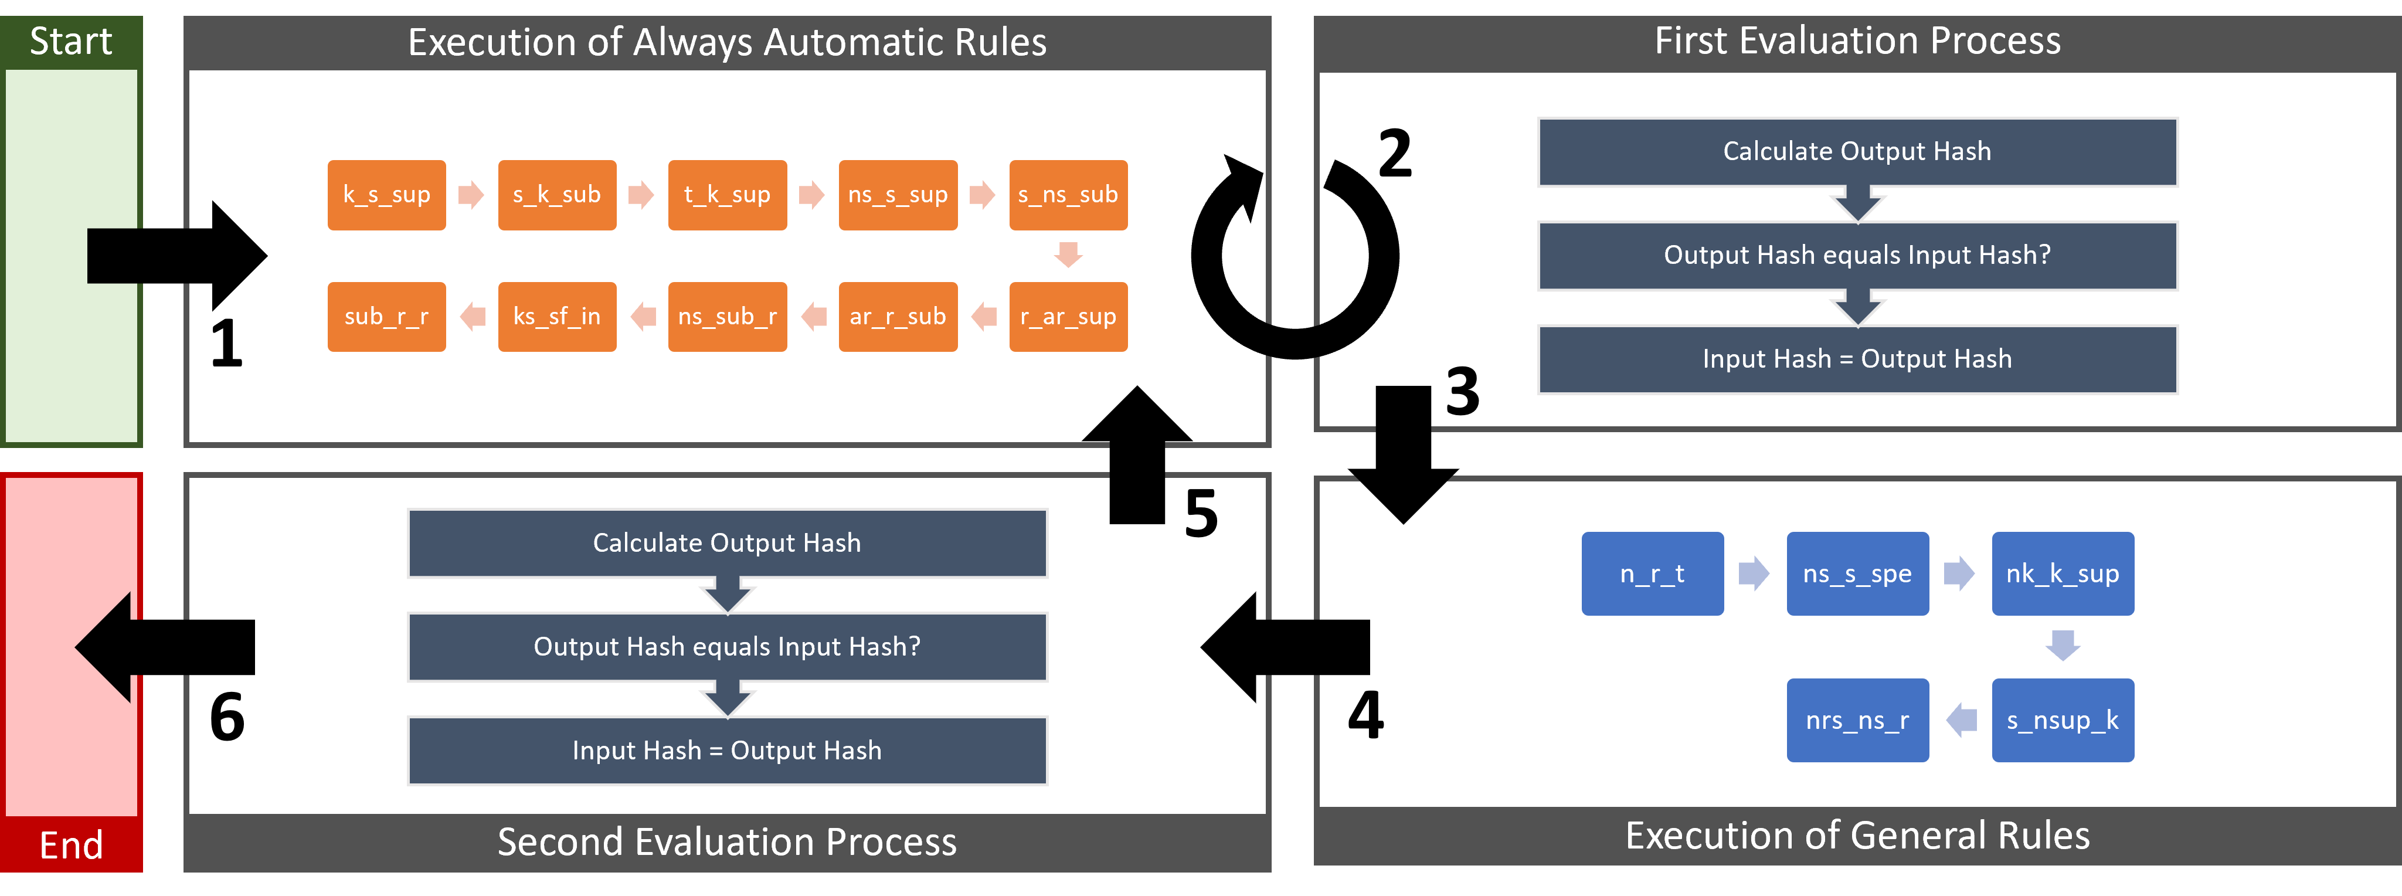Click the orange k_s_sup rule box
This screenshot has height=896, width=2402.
[386, 195]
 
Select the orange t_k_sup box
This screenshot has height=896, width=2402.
[728, 195]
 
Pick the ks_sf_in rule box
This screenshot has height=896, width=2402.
[556, 317]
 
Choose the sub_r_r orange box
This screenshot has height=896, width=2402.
[386, 317]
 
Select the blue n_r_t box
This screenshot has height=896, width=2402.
[1652, 573]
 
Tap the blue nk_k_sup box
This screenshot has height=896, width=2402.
[2063, 573]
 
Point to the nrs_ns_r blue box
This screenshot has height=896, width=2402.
[1857, 719]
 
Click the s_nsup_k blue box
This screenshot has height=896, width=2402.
[2063, 719]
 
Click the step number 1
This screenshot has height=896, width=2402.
[226, 344]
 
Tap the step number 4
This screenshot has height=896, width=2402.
[1366, 715]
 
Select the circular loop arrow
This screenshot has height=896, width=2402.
[1295, 256]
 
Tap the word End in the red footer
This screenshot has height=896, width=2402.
[71, 845]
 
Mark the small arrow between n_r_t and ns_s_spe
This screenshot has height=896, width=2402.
[1754, 573]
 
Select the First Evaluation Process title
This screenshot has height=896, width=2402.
[1857, 41]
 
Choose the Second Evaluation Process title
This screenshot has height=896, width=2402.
[728, 842]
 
